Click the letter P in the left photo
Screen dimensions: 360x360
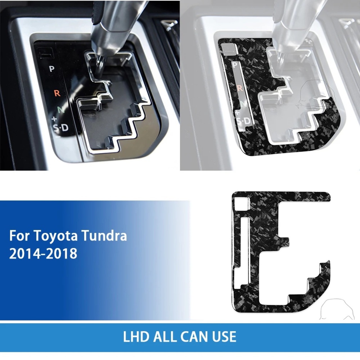[x=51, y=69]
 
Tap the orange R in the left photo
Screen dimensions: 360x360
[x=57, y=93]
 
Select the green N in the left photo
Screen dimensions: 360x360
[x=61, y=110]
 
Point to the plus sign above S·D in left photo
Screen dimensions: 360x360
[x=54, y=118]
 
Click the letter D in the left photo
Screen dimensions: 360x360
[x=65, y=128]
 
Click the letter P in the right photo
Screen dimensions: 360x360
[x=235, y=65]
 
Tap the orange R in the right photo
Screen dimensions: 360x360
[x=240, y=88]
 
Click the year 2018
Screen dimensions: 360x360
[x=63, y=253]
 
